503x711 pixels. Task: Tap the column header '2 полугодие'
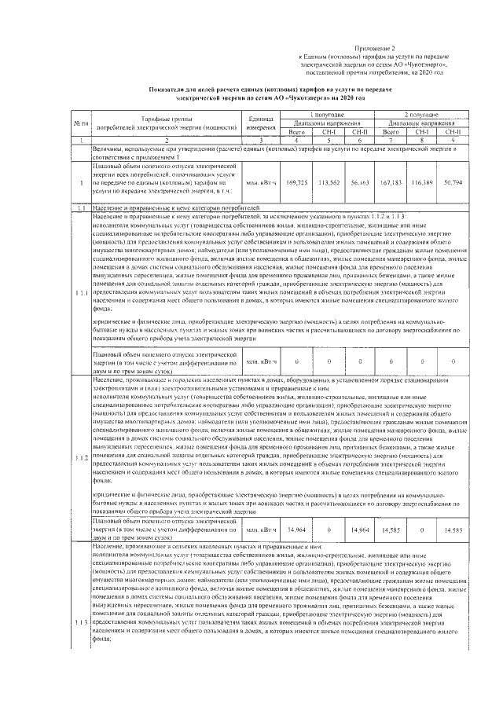pyautogui.click(x=421, y=115)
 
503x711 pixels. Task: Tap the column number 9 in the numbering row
pyautogui.click(x=453, y=140)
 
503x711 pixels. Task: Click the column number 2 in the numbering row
pyautogui.click(x=166, y=140)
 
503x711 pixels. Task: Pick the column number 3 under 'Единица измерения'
pyautogui.click(x=260, y=140)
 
